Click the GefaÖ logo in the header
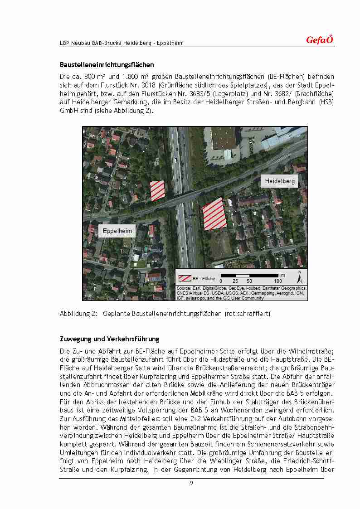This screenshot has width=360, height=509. tap(320, 40)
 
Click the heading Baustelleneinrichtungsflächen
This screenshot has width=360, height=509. tap(107, 65)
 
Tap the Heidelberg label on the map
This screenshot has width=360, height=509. tap(280, 181)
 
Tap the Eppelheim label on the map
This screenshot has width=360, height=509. tap(117, 231)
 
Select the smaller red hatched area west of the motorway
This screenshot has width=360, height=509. tap(157, 190)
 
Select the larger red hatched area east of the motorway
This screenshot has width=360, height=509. tap(214, 213)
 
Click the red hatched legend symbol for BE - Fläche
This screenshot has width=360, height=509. tap(185, 278)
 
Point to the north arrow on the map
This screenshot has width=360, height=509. tap(299, 276)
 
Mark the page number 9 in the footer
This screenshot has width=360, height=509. tap(192, 483)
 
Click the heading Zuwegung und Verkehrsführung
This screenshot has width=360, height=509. tap(109, 339)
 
